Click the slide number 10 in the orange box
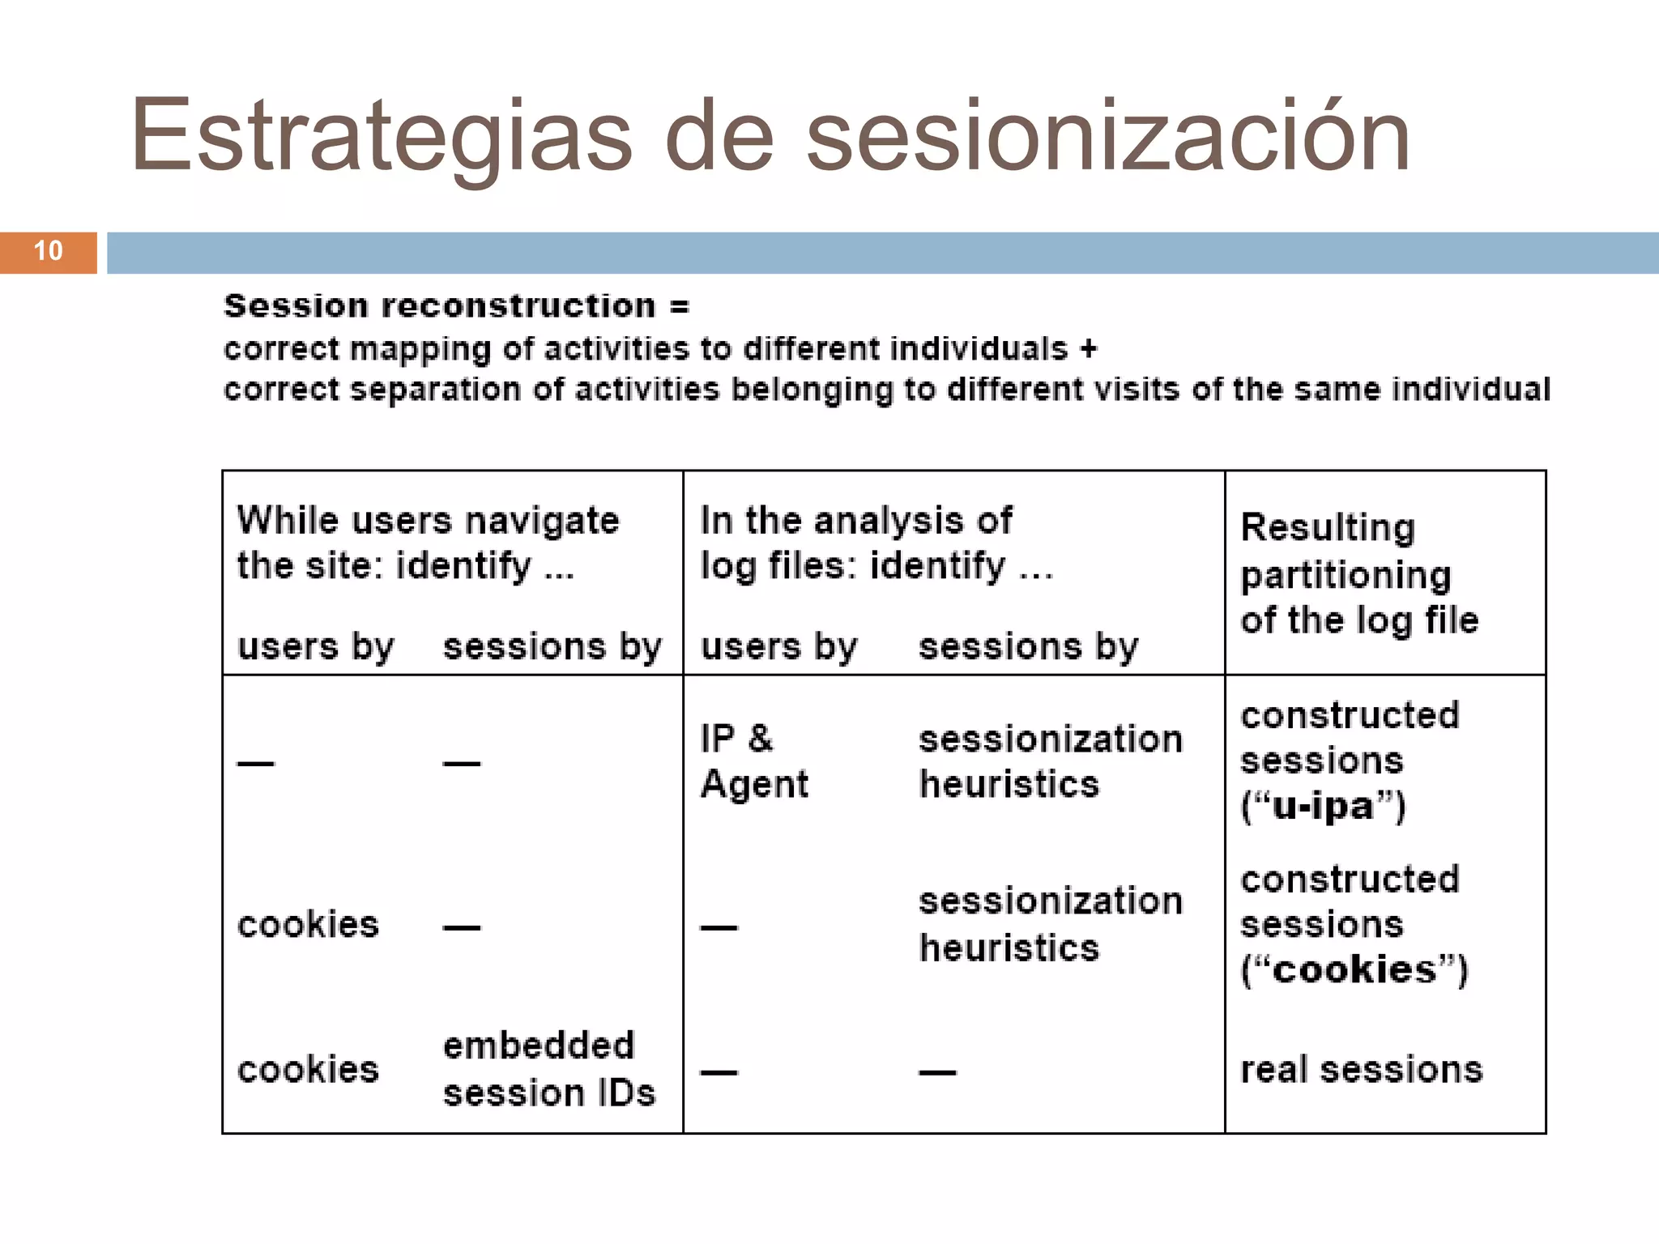[x=49, y=251]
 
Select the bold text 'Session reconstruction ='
[x=456, y=306]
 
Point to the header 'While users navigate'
[x=428, y=521]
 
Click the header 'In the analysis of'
[x=855, y=521]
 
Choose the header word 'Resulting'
[x=1328, y=528]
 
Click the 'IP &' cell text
[x=736, y=739]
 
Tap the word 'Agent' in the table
[x=754, y=784]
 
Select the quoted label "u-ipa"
[x=1323, y=807]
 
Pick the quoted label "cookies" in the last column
[x=1354, y=970]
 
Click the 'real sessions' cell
[x=1361, y=1070]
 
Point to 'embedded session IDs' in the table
[x=548, y=1069]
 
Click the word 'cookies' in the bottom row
[x=308, y=1070]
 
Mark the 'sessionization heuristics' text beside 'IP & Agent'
[x=1050, y=761]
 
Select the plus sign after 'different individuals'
[x=1088, y=349]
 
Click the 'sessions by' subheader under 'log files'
[x=1028, y=647]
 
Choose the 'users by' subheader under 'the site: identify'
[x=316, y=647]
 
